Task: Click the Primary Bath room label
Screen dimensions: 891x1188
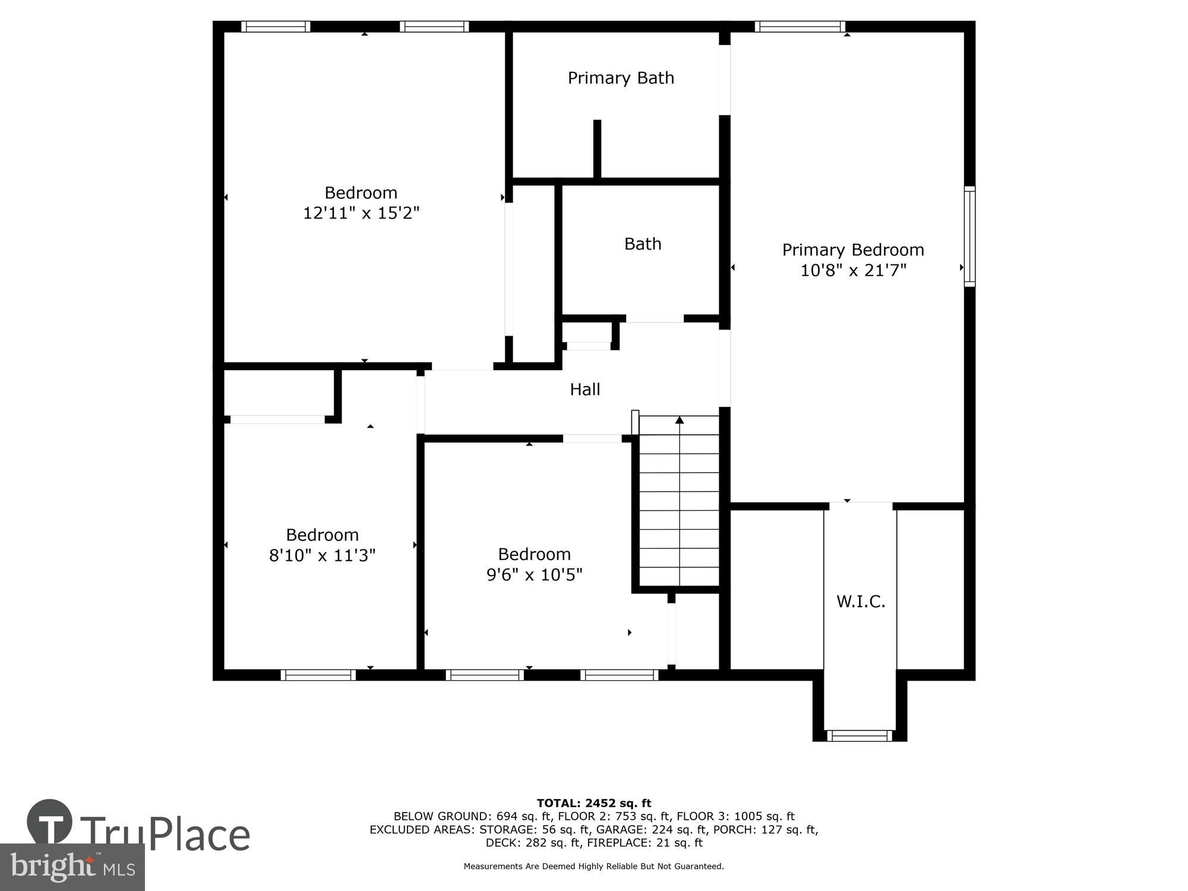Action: click(621, 78)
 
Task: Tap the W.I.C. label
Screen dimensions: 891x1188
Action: click(861, 602)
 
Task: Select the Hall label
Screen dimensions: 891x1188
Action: click(585, 390)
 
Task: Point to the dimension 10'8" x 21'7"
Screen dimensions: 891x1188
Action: click(853, 271)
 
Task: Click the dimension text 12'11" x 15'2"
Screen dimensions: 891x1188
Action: click(361, 213)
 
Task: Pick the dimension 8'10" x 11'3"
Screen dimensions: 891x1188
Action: click(322, 556)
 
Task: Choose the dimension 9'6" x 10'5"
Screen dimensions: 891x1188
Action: click(534, 575)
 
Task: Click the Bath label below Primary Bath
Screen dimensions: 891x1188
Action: click(643, 244)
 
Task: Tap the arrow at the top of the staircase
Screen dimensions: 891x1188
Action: click(680, 421)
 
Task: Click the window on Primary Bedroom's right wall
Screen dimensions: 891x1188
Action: click(969, 236)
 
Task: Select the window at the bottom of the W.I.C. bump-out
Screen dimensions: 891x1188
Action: click(860, 735)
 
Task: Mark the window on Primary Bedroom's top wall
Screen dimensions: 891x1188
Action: click(800, 27)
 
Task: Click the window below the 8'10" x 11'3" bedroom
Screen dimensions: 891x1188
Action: click(318, 675)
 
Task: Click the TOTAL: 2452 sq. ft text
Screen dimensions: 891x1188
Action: click(594, 804)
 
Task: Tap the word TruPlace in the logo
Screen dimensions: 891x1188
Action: click(165, 835)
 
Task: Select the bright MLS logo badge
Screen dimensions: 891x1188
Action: click(72, 867)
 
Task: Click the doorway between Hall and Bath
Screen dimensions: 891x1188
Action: click(655, 320)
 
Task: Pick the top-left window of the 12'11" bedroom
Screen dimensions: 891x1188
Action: click(276, 27)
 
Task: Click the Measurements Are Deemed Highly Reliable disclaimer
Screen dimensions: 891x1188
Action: click(594, 867)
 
